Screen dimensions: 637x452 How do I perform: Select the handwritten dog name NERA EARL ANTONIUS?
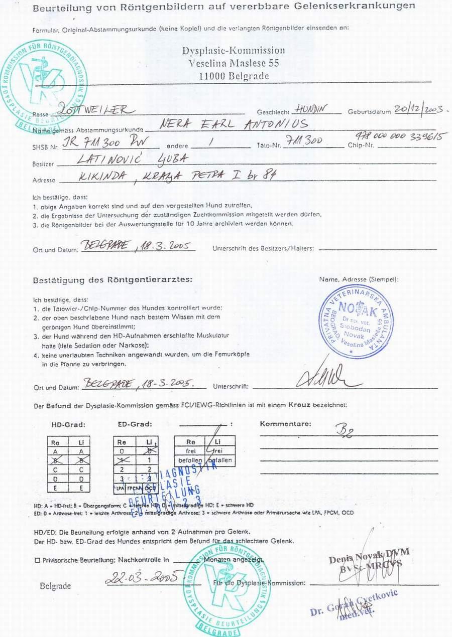(233, 124)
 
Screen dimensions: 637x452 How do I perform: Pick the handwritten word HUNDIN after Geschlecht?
(311, 108)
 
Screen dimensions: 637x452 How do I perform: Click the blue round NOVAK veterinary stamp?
(356, 322)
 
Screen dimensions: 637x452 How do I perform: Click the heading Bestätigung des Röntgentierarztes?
(112, 280)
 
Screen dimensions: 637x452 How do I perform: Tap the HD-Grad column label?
(68, 424)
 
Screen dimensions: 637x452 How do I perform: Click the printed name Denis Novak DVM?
(369, 553)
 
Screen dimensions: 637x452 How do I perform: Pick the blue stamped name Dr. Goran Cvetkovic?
(354, 602)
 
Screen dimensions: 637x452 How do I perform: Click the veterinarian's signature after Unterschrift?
(327, 376)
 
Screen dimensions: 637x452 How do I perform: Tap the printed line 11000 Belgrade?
(234, 76)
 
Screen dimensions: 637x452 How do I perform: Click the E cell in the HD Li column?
(82, 488)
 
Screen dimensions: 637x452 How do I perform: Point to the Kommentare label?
(285, 424)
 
